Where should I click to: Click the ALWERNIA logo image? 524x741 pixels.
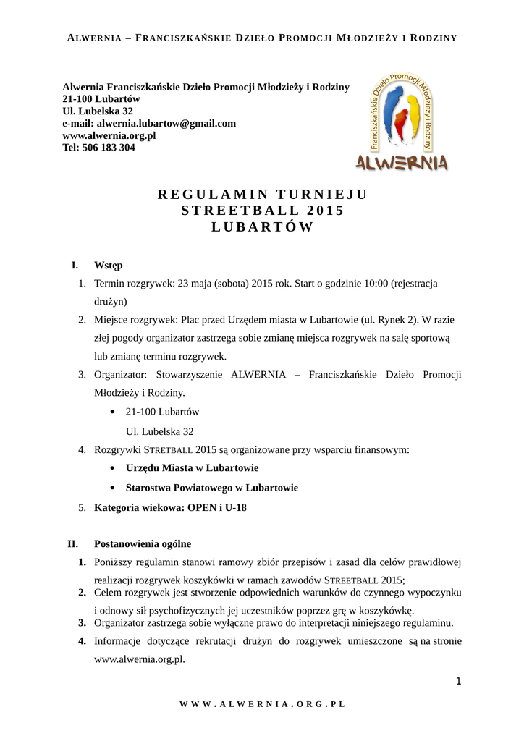[x=401, y=122]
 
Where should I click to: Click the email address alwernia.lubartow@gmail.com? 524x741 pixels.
[x=174, y=124]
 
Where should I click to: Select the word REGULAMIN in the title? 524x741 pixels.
[x=213, y=194]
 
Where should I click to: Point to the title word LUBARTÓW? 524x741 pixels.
[x=262, y=227]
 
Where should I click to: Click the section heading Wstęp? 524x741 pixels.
[x=109, y=266]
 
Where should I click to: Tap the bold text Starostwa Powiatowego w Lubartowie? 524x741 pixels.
[x=211, y=488]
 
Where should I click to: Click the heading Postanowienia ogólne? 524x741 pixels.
[x=143, y=543]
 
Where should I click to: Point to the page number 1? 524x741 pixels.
[x=458, y=680]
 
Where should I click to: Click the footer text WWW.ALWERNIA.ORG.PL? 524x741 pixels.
[x=262, y=703]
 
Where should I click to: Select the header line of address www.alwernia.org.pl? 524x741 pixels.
[x=109, y=135]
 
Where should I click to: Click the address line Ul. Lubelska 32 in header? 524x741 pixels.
[x=98, y=111]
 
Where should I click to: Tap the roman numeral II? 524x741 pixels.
[x=72, y=543]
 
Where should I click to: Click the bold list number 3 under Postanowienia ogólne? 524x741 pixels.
[x=83, y=622]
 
